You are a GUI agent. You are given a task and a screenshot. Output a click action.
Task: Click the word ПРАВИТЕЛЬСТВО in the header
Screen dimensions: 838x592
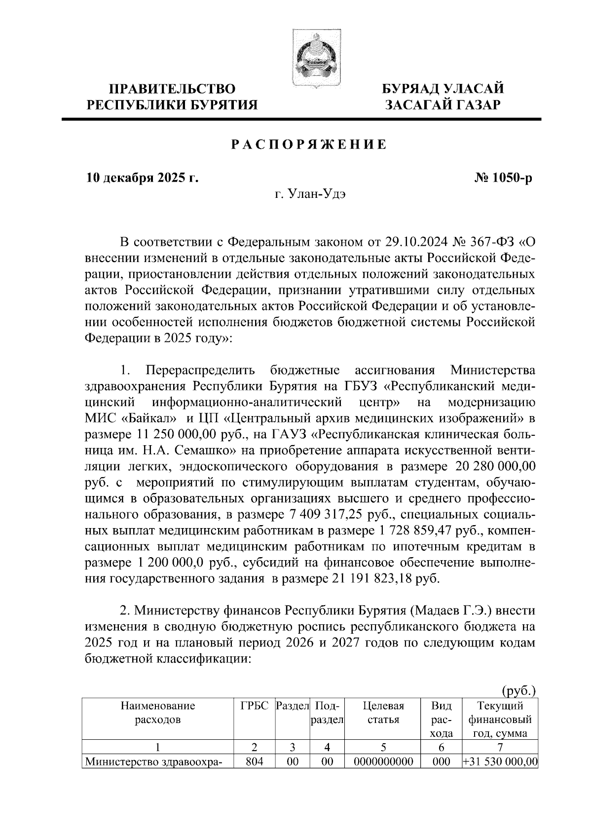(x=172, y=89)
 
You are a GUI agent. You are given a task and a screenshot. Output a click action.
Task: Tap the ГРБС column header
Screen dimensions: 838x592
(x=254, y=706)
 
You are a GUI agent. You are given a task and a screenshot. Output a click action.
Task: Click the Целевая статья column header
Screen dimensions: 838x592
(x=383, y=713)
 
